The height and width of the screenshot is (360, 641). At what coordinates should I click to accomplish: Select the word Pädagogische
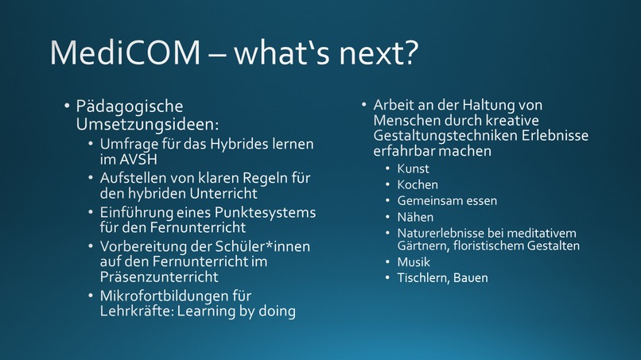(x=130, y=107)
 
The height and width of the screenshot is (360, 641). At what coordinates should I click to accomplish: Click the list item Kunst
(x=413, y=168)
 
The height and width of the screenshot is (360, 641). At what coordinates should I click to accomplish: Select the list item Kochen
(x=418, y=184)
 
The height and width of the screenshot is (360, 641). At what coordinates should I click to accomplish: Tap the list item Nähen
(x=415, y=216)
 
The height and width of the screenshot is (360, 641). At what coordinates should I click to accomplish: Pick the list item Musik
(x=414, y=261)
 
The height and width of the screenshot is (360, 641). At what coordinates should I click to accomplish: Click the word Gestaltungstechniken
(x=449, y=136)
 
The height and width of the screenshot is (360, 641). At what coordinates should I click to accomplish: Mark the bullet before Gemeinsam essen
(x=388, y=201)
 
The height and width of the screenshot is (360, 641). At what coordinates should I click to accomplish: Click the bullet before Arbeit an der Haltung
(x=363, y=105)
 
